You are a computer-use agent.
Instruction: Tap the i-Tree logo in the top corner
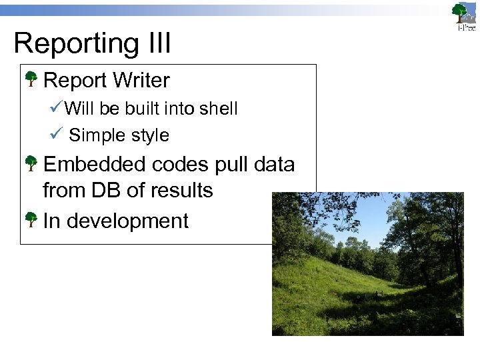(x=463, y=16)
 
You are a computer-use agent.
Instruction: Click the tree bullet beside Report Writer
(x=31, y=81)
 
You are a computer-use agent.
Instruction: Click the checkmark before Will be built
(x=56, y=107)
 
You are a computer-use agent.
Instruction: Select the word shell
(x=219, y=109)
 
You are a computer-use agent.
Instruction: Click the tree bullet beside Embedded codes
(x=31, y=164)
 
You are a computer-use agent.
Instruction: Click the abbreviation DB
(x=107, y=191)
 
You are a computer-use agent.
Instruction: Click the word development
(x=127, y=221)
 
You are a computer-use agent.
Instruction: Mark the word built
(x=139, y=109)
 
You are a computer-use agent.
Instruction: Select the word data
(x=273, y=165)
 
